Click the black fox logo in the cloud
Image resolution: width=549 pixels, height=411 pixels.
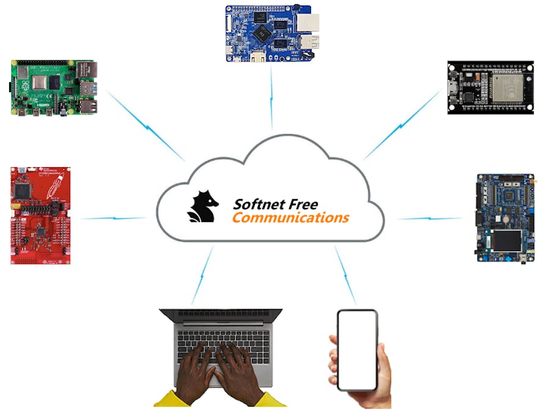(x=203, y=207)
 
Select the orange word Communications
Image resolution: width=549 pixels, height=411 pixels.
(x=290, y=217)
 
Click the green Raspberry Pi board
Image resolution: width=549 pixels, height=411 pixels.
(x=54, y=87)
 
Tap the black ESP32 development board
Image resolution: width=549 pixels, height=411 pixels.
(x=490, y=87)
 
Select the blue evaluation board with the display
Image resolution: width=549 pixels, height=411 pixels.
(x=506, y=218)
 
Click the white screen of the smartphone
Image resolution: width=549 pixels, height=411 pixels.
(x=357, y=349)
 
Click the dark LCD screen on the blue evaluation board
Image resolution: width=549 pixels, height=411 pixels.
(x=506, y=241)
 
